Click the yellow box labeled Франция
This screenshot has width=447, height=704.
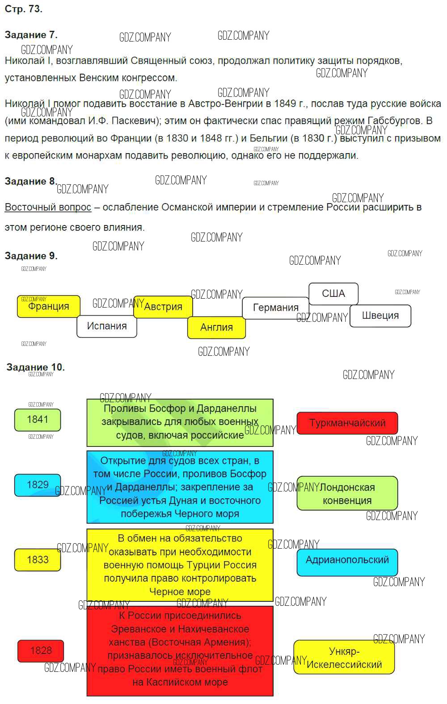coord(49,307)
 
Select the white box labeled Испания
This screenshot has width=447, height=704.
coord(106,326)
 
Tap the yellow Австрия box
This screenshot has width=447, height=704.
coord(163,307)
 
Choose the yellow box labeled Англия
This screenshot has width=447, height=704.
coord(216,327)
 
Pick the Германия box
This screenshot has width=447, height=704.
coord(275,308)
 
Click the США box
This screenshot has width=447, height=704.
coord(333,294)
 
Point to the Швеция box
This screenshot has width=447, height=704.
coord(380,316)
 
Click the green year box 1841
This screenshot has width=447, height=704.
coord(38,420)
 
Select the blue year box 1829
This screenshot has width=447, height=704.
coord(38,485)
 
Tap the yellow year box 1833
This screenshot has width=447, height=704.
coord(38,560)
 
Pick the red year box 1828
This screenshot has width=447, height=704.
coord(41,651)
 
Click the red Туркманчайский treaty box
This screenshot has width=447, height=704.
coord(347,423)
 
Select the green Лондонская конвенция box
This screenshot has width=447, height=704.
coord(347,494)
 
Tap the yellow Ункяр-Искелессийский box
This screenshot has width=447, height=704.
coord(344,658)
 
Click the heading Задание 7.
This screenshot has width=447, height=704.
coord(31,35)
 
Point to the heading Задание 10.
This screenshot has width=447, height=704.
coord(36,367)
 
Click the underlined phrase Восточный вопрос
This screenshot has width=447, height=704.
coord(48,207)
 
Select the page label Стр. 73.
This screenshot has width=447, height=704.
coord(23,9)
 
